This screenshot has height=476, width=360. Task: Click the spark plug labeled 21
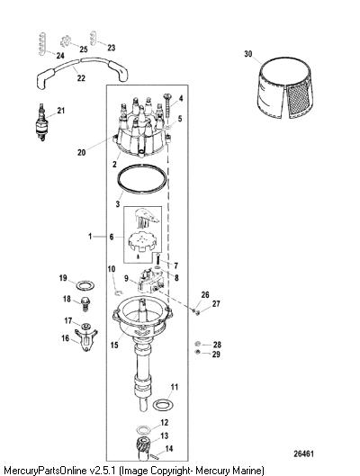click(41, 122)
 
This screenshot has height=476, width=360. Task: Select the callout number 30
click(248, 54)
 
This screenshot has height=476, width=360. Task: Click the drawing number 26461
click(303, 454)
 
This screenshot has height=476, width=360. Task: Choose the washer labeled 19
click(85, 285)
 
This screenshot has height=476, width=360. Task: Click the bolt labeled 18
click(85, 304)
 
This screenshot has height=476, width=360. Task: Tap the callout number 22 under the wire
click(81, 78)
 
